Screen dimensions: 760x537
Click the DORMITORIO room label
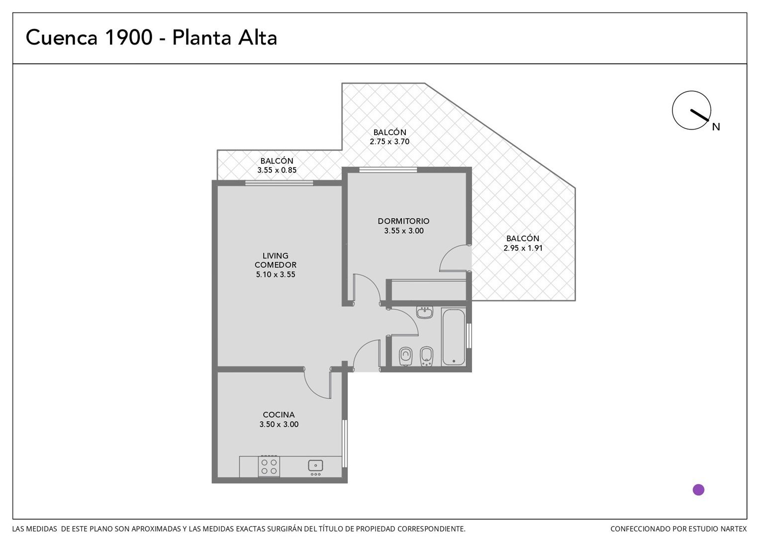(403, 221)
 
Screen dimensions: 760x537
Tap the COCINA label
(279, 415)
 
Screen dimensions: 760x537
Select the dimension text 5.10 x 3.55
(276, 274)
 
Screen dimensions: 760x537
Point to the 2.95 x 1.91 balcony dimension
(523, 248)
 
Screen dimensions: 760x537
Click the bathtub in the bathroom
(453, 337)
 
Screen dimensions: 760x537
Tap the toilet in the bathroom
(405, 356)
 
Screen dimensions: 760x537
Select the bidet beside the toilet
(426, 356)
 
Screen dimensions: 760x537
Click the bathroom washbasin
(424, 312)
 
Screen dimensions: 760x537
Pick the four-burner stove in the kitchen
(269, 466)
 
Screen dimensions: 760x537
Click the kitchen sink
(315, 466)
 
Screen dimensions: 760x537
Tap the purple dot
(698, 490)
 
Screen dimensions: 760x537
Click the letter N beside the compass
(716, 127)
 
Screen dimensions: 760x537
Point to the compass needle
(700, 115)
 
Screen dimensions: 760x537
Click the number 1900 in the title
(129, 37)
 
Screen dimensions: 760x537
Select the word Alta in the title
(258, 37)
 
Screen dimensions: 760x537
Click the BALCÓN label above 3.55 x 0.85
(277, 161)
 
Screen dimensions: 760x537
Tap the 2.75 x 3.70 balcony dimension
(389, 141)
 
